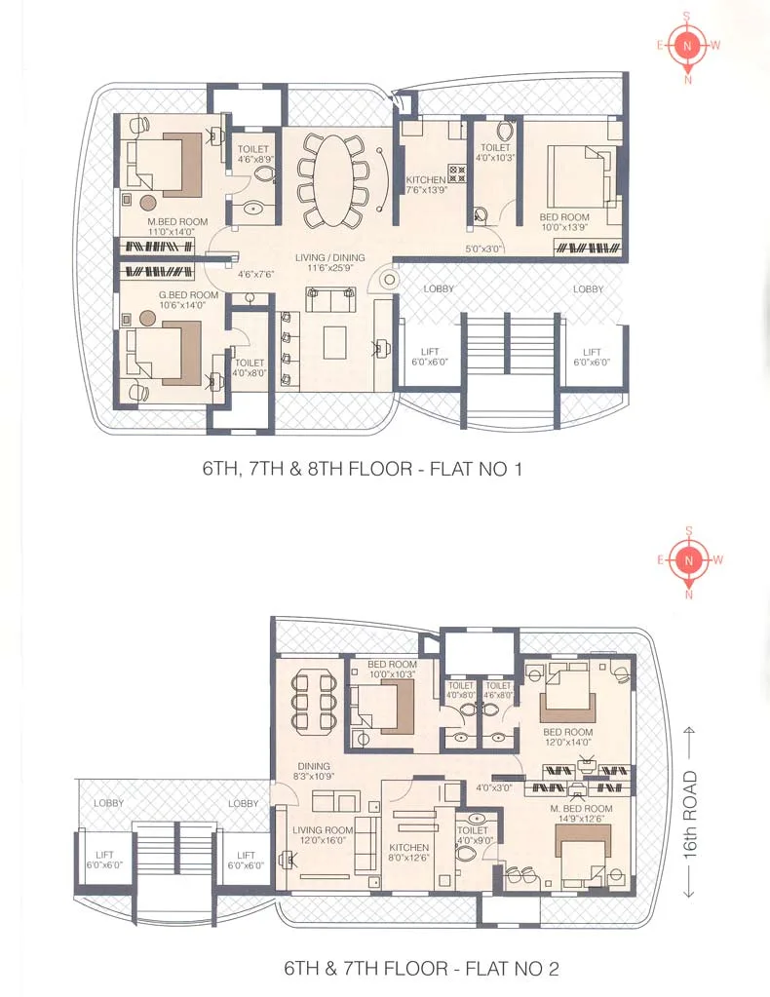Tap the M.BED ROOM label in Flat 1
click(177, 226)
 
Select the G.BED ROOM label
click(188, 299)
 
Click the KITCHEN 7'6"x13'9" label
click(426, 184)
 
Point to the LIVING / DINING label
click(330, 262)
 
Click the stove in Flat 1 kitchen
click(457, 174)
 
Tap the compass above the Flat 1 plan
click(688, 46)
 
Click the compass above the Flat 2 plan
click(688, 560)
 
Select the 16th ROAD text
click(690, 815)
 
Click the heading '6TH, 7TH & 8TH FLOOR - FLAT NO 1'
click(363, 469)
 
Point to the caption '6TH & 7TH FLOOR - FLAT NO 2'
click(422, 969)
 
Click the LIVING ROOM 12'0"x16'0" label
click(323, 835)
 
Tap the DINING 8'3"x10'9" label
click(314, 771)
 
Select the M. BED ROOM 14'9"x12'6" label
click(581, 813)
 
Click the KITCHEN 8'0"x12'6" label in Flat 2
click(408, 852)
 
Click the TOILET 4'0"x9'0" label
click(473, 835)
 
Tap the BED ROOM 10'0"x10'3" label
click(393, 669)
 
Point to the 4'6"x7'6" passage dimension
click(255, 275)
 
